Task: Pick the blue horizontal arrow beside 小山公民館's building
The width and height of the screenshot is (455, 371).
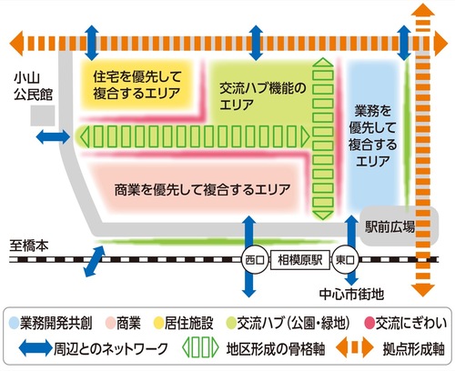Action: (x=54, y=137)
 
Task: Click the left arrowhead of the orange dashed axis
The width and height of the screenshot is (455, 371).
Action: (x=18, y=43)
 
